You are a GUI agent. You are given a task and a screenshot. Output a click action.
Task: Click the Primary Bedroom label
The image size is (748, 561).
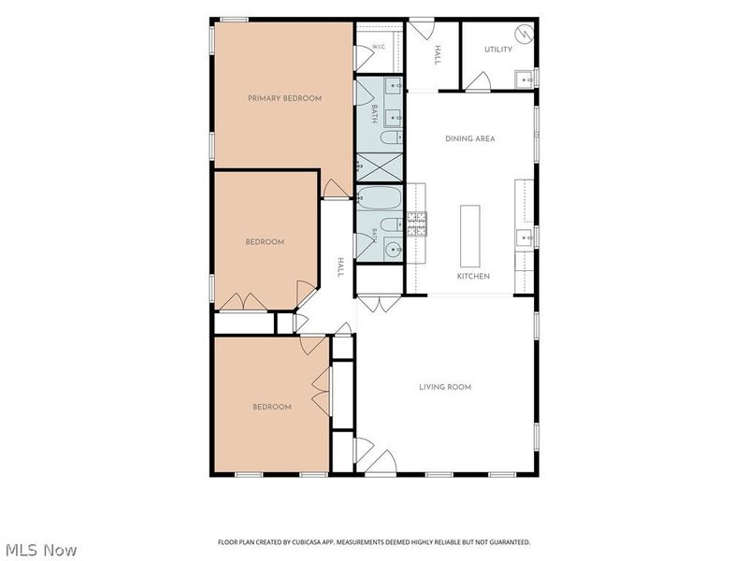284,98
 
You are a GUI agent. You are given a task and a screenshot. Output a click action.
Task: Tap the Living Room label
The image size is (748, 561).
445,387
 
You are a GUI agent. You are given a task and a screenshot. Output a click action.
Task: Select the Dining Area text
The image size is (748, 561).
470,138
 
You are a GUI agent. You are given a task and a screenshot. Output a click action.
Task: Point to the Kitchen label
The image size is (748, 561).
473,276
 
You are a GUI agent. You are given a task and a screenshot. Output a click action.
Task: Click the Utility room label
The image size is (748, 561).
498,50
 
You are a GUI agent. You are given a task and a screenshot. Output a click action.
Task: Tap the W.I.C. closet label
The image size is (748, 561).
379,47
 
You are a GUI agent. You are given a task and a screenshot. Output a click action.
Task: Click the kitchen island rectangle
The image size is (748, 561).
470,237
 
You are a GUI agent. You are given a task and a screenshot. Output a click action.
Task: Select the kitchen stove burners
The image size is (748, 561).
416,224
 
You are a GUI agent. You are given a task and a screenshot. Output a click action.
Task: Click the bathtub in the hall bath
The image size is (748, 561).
380,197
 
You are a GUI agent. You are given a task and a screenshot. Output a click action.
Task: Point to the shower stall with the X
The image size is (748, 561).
380,167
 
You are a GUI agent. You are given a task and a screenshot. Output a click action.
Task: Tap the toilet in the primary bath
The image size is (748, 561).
392,137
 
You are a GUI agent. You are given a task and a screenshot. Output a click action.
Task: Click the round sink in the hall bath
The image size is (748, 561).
394,249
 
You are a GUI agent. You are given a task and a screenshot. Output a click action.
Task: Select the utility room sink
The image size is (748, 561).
525,79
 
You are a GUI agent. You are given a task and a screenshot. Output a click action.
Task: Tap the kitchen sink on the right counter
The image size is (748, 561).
524,237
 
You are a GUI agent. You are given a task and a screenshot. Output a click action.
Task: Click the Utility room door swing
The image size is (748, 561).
479,80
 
